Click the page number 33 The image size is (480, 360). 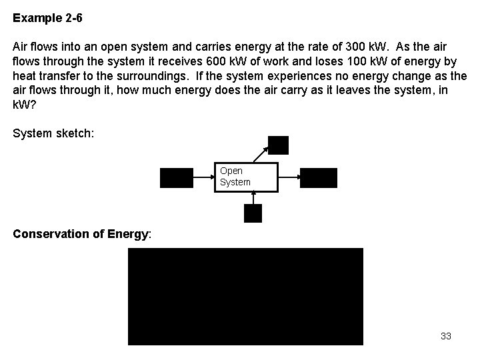[x=446, y=336]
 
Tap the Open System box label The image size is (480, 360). [x=235, y=177]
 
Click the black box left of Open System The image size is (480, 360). [x=175, y=178]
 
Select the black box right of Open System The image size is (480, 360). [x=319, y=178]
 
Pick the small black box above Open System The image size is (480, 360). [x=278, y=145]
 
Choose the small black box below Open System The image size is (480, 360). [x=253, y=213]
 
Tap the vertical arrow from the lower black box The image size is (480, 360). [x=253, y=198]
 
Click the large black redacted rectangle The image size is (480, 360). [x=245, y=297]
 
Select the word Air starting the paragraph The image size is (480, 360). [x=21, y=47]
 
